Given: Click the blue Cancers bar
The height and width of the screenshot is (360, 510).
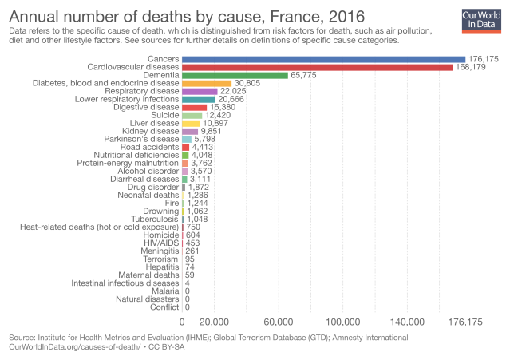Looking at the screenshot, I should tap(323, 59).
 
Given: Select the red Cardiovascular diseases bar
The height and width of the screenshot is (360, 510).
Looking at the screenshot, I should tap(317, 67).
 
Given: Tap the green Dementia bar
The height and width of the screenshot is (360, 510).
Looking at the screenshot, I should tap(235, 76).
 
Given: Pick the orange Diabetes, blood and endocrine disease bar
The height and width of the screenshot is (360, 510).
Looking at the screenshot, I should tap(207, 84).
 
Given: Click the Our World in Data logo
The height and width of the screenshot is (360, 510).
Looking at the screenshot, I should tap(480, 20).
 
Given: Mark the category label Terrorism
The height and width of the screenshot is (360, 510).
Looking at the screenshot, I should tap(160, 259).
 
